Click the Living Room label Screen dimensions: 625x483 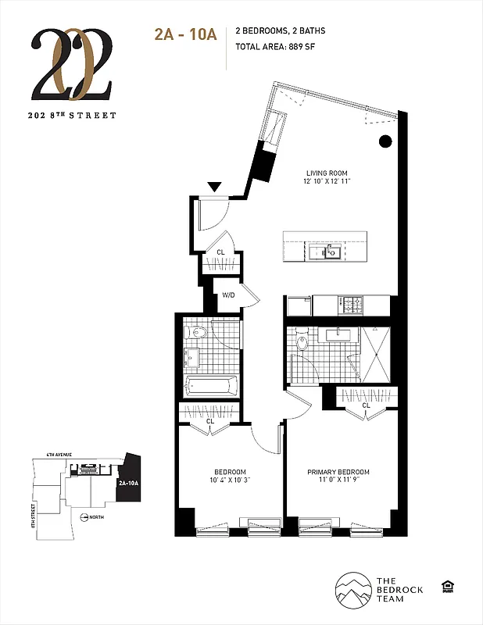click(327, 173)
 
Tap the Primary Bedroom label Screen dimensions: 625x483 click(338, 472)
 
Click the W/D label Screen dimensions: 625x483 click(228, 295)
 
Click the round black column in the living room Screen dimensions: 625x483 click(385, 141)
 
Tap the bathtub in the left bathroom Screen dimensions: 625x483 click(211, 385)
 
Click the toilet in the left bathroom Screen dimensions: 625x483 click(199, 334)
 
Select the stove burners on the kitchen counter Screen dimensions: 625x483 click(354, 302)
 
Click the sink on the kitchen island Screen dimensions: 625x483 click(329, 251)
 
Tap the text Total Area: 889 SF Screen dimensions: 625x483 click(280, 46)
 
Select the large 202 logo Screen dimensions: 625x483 click(74, 66)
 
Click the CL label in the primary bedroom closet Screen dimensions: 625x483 click(366, 405)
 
